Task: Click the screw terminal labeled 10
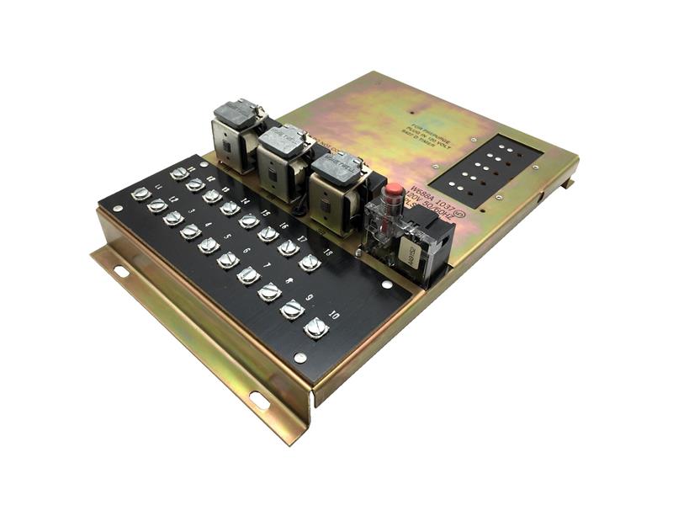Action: click(316, 327)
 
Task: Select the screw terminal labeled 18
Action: click(308, 262)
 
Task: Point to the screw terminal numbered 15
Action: click(248, 221)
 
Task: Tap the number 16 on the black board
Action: click(284, 226)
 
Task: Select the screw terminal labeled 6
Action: click(227, 259)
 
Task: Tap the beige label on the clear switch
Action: click(411, 250)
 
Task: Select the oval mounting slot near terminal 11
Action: click(121, 271)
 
